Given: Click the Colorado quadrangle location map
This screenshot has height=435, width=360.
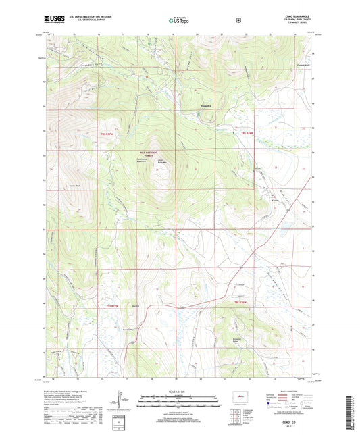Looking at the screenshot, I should pos(238,393).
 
